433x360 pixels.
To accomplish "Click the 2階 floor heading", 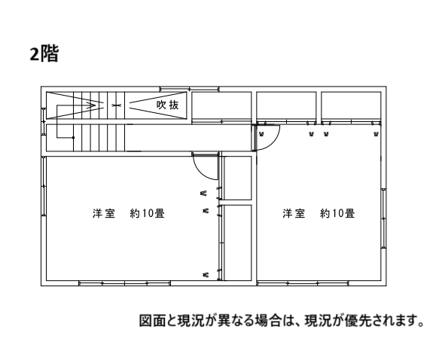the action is click(x=44, y=54).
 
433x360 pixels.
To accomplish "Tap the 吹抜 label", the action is click(x=168, y=105).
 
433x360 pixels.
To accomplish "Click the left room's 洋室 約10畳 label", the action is click(x=129, y=213).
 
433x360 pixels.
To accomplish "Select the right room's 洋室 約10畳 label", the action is click(x=319, y=213).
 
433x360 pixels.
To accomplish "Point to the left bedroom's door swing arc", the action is click(x=200, y=172).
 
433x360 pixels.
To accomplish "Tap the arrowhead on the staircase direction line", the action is click(x=92, y=105).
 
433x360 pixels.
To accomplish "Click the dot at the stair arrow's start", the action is click(x=73, y=137).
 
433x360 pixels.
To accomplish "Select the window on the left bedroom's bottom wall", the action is click(x=124, y=283).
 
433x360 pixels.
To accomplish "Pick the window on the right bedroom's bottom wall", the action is click(x=303, y=283).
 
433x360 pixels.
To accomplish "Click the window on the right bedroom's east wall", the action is click(x=383, y=218).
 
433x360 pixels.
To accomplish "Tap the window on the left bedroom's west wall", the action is click(x=44, y=186).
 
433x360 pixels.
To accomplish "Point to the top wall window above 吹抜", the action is click(x=190, y=89).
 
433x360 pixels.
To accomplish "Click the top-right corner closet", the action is click(x=351, y=106).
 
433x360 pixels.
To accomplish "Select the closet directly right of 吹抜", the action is click(x=221, y=106).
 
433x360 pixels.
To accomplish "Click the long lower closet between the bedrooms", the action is click(x=237, y=243).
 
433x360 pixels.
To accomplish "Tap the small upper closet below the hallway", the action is click(x=237, y=178).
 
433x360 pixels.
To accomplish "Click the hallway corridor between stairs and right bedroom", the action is click(x=188, y=138).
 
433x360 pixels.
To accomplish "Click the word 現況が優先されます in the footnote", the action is click(x=364, y=321).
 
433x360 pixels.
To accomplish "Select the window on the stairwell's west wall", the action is click(x=44, y=121).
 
